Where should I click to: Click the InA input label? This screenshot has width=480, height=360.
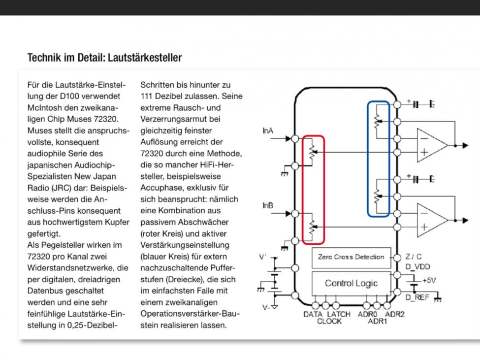[x=268, y=131]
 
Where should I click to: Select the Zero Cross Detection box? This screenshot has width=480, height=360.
[x=351, y=257]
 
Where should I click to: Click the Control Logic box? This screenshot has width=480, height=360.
[x=351, y=283]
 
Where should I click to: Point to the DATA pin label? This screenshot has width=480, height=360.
[x=313, y=314]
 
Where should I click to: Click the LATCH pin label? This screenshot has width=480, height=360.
[x=339, y=314]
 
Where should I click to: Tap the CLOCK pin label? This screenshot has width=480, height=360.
[x=329, y=322]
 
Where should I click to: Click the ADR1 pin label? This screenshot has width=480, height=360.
[x=378, y=322]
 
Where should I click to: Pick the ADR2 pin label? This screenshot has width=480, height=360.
[x=394, y=314]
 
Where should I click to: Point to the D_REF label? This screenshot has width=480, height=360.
[x=417, y=297]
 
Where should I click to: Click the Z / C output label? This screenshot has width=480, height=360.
[x=414, y=257]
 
